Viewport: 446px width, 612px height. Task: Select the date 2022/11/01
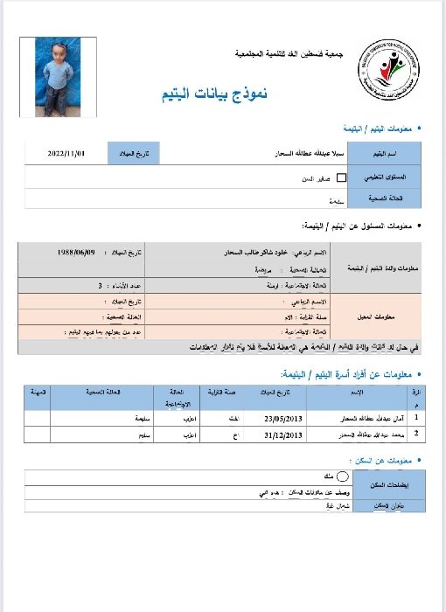66,154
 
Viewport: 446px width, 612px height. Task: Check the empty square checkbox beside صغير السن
341,177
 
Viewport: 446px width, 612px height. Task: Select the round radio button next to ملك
342,476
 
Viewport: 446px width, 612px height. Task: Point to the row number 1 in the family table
417,419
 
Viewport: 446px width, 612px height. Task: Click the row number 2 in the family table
417,433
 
